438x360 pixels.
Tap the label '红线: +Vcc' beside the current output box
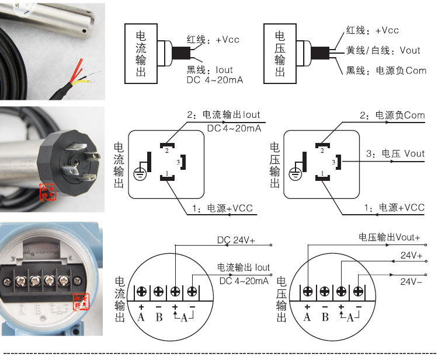coord(213,40)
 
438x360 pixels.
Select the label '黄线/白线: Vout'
coord(383,51)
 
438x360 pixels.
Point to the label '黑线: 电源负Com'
coord(386,71)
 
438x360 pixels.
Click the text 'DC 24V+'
coord(236,240)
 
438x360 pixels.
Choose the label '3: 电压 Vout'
coord(395,154)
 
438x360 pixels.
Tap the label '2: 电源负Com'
coord(392,115)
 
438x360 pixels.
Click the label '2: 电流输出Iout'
coord(224,115)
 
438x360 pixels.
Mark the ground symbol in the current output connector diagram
coord(141,172)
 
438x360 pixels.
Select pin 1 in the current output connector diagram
coord(167,176)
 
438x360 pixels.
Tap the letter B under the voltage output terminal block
coord(325,317)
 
